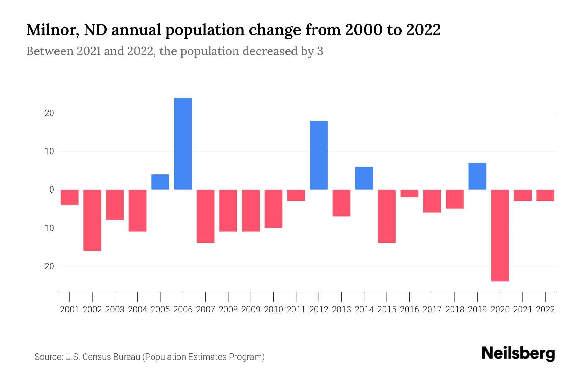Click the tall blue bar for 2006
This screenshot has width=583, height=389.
click(x=183, y=144)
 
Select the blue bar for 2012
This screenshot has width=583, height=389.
click(x=319, y=155)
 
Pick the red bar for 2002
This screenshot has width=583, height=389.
click(x=92, y=220)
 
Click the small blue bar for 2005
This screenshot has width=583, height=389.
click(x=160, y=182)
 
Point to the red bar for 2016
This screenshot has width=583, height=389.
click(x=409, y=193)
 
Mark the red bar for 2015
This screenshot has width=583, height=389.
click(x=387, y=216)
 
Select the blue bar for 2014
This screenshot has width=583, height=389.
click(x=364, y=178)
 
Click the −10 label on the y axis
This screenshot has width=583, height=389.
click(x=47, y=228)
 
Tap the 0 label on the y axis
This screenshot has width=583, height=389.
click(x=51, y=190)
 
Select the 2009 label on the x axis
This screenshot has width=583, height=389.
click(x=251, y=310)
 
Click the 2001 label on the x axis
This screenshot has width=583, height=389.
click(x=70, y=310)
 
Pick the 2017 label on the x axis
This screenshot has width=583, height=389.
click(x=432, y=310)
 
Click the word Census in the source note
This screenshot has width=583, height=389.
click(x=96, y=357)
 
